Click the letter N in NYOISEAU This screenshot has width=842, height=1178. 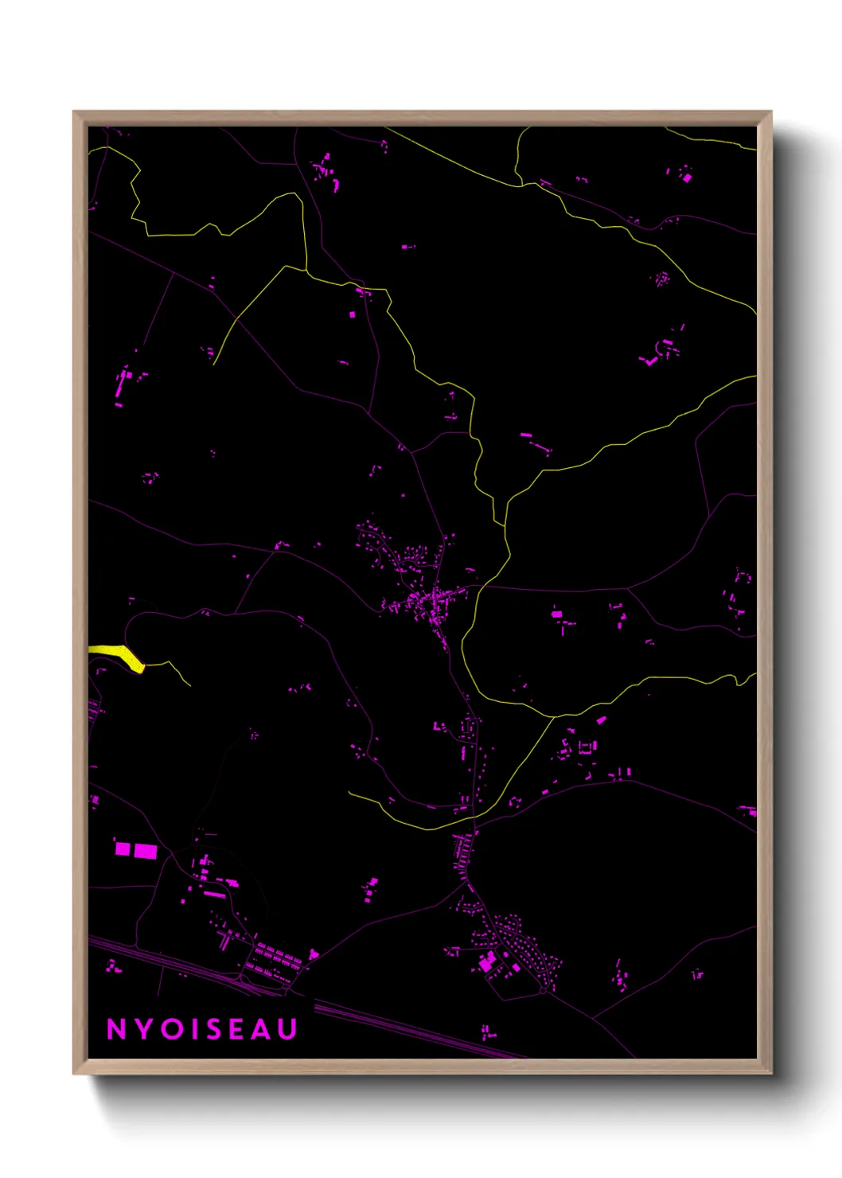pyautogui.click(x=116, y=1029)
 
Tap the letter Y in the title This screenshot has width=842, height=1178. pyautogui.click(x=142, y=1029)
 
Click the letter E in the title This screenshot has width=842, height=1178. pyautogui.click(x=237, y=1029)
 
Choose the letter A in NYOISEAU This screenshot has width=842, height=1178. pyautogui.click(x=262, y=1029)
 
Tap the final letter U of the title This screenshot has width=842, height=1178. pyautogui.click(x=288, y=1029)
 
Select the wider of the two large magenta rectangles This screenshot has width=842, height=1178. pyautogui.click(x=146, y=852)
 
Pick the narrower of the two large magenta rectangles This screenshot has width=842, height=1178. pyautogui.click(x=123, y=848)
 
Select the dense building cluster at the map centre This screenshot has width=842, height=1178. pyautogui.click(x=430, y=601)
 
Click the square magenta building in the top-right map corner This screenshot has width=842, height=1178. pyautogui.click(x=687, y=178)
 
